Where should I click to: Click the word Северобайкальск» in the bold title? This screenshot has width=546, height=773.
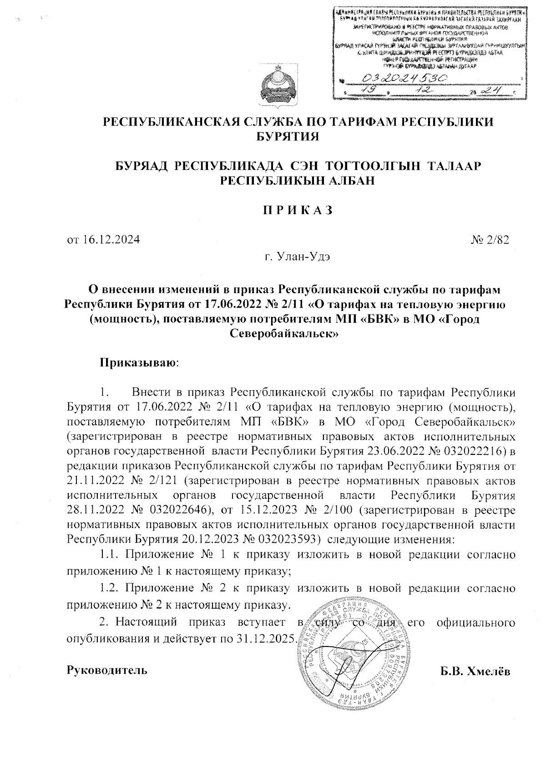click(283, 334)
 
